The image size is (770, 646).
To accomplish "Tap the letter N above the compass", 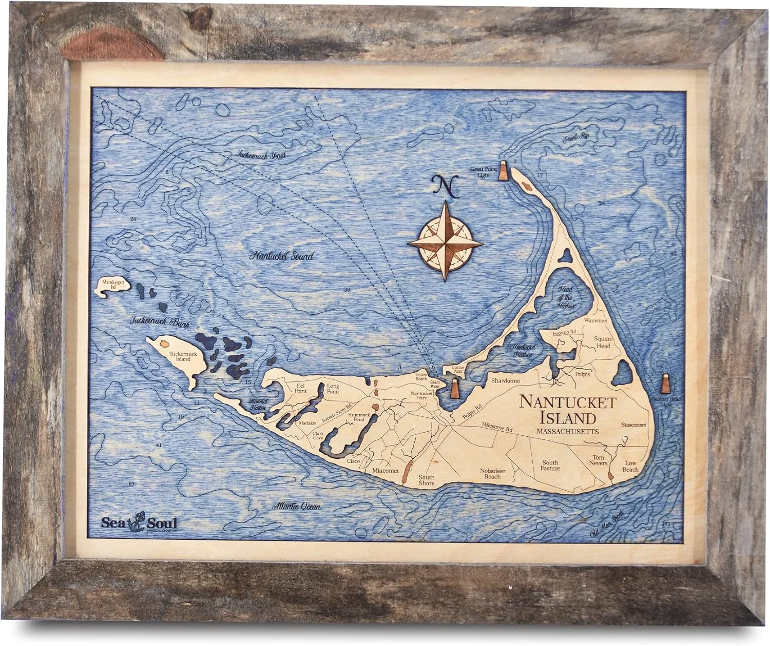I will click(445, 187).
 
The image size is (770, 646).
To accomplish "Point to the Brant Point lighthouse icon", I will click(455, 389).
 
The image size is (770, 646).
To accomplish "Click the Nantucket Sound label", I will click(281, 256).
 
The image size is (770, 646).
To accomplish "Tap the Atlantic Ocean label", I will click(297, 507).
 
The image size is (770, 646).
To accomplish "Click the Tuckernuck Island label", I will click(183, 356).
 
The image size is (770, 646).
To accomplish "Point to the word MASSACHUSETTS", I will click(567, 432).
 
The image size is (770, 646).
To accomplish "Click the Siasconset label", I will click(633, 425).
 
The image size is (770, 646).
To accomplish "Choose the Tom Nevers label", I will click(596, 460).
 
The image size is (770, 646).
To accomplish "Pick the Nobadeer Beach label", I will click(492, 473).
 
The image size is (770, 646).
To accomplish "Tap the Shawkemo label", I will click(506, 381).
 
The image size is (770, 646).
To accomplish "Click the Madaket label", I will click(308, 423).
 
